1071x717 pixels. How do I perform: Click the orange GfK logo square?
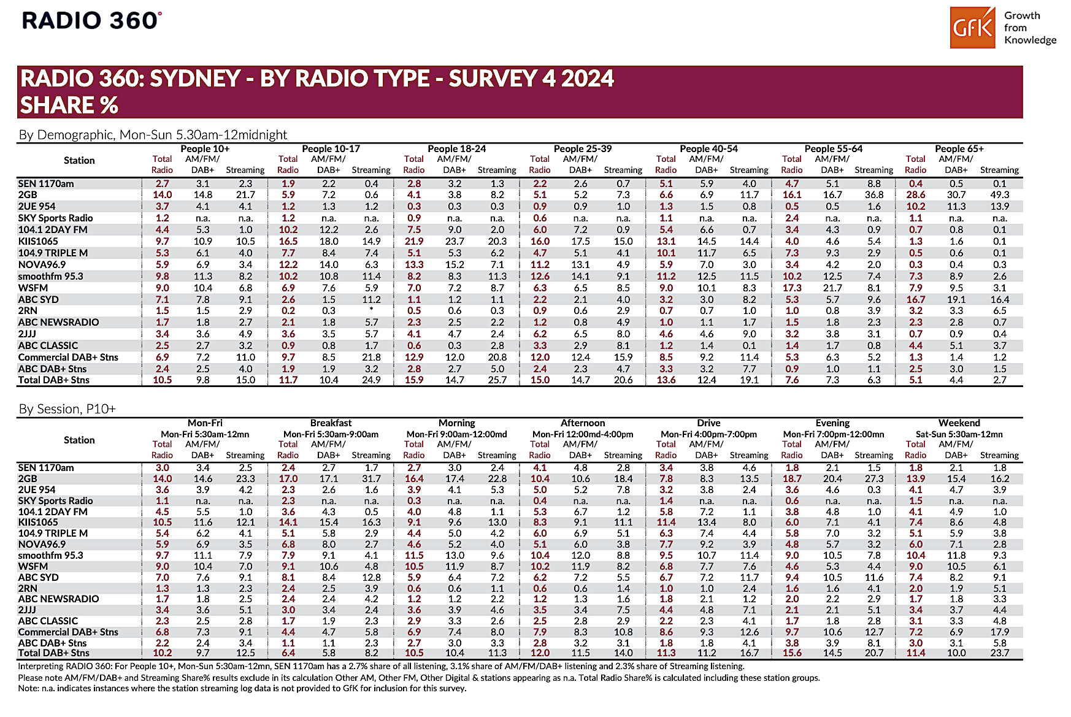[972, 28]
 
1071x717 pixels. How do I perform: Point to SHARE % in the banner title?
[69, 105]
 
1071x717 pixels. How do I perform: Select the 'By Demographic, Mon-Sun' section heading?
[153, 135]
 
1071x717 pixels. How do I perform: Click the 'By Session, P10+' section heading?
[67, 409]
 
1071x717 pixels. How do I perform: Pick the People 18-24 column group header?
[456, 149]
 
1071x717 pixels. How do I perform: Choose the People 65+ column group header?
[959, 149]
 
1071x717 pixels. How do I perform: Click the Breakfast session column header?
[331, 423]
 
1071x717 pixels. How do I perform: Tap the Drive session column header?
[708, 423]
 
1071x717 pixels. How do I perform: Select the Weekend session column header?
[959, 423]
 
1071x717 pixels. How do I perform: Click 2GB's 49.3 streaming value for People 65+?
[999, 195]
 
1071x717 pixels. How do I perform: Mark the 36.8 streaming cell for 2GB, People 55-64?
[873, 195]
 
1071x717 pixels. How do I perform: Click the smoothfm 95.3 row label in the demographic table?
[51, 277]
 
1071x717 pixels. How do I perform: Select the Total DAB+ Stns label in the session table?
[54, 653]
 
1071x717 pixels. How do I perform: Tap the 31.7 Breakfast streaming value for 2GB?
[371, 479]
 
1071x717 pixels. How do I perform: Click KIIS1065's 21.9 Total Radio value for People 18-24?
[414, 242]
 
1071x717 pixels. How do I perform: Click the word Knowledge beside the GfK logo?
[1030, 40]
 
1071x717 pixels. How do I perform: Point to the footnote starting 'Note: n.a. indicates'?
[242, 689]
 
